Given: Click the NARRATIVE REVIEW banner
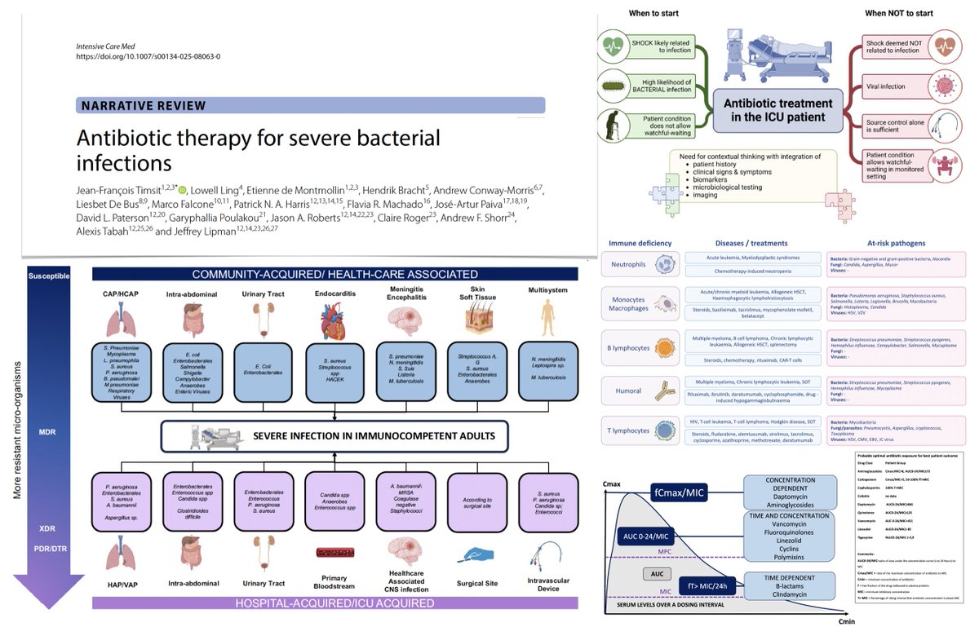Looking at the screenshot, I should click(x=311, y=105).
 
